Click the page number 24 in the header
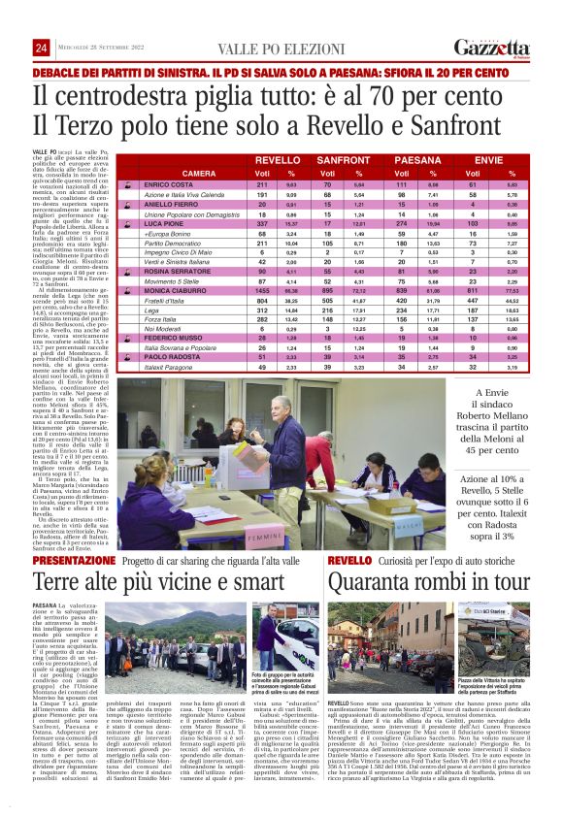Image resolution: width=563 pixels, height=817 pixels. (x=41, y=49)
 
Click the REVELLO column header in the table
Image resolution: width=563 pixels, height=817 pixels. (x=277, y=159)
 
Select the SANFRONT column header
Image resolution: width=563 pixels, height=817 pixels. (x=343, y=159)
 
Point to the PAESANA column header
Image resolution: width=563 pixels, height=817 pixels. (x=418, y=159)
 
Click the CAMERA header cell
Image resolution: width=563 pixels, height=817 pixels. (x=198, y=173)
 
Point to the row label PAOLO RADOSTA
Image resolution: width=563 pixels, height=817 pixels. (x=171, y=358)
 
